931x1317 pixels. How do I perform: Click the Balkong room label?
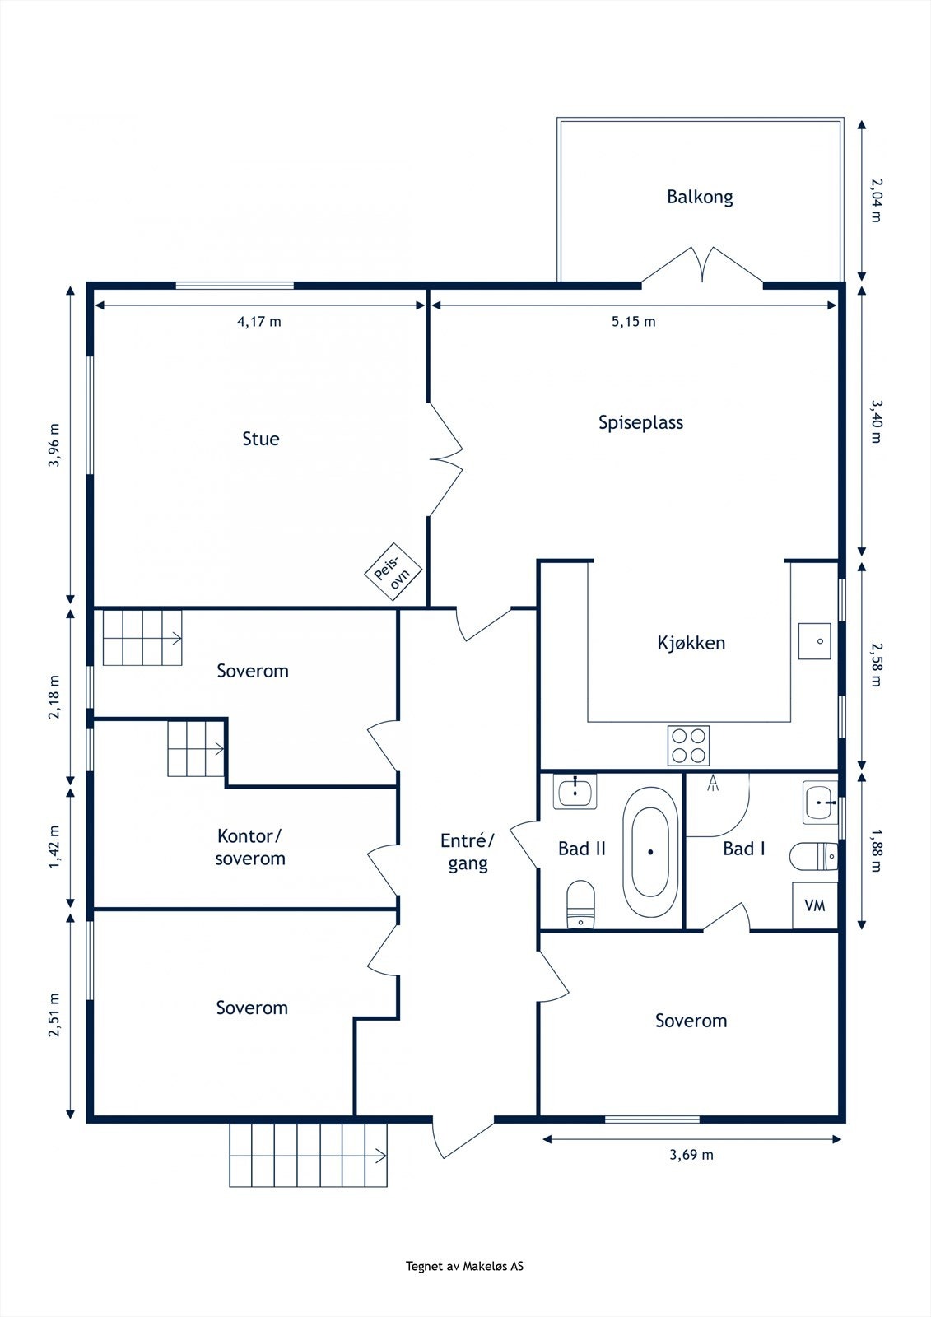(700, 197)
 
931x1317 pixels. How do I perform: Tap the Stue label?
(261, 439)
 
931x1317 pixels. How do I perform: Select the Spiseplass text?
(640, 423)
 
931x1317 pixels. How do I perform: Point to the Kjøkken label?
(691, 643)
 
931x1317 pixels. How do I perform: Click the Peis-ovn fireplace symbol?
(393, 571)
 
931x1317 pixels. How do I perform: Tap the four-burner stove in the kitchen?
(688, 746)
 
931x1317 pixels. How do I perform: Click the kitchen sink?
(815, 641)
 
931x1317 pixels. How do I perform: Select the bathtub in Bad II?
(650, 852)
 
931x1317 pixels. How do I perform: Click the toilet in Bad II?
(580, 904)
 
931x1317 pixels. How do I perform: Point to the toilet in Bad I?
(814, 857)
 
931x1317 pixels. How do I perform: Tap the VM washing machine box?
(815, 905)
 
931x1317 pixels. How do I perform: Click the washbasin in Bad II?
(575, 791)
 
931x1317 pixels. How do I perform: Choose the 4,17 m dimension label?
(258, 322)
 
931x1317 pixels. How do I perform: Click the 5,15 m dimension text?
(633, 322)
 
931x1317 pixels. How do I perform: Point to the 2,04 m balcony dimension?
(877, 201)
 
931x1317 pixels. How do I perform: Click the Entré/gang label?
(468, 852)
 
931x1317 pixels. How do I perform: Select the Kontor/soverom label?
(250, 847)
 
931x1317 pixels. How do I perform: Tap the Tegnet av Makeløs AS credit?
(464, 1267)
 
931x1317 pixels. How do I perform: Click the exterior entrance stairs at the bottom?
(308, 1155)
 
